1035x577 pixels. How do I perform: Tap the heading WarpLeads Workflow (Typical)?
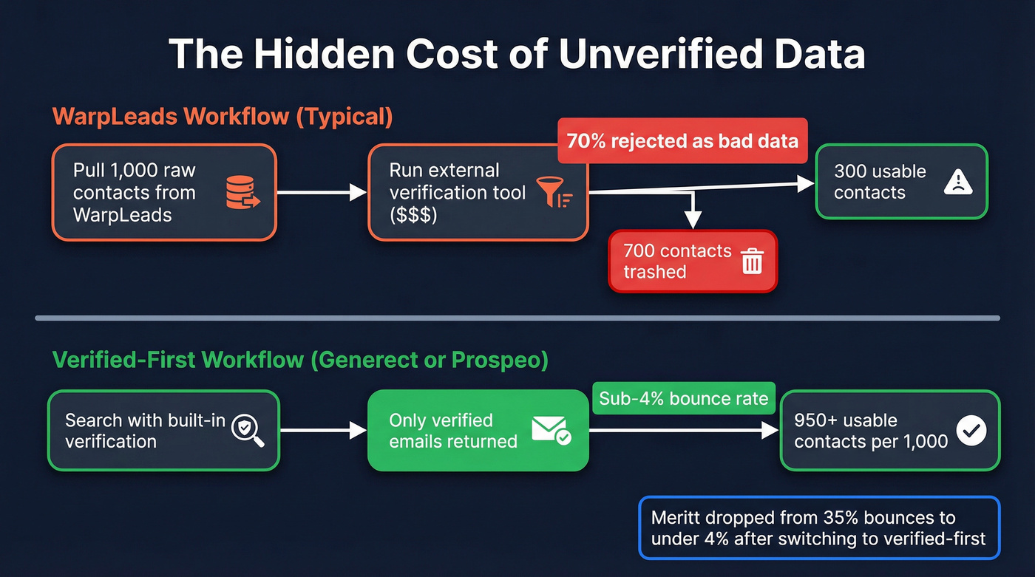pos(223,117)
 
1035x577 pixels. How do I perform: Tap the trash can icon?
pos(752,262)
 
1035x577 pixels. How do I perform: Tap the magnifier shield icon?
pos(247,430)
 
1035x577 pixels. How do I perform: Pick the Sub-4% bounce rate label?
pos(684,400)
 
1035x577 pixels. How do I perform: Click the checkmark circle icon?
pos(971,430)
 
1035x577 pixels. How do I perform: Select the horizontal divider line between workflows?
pos(517,318)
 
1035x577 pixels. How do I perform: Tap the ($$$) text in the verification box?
pos(413,215)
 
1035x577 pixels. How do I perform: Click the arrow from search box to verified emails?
pos(323,430)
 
